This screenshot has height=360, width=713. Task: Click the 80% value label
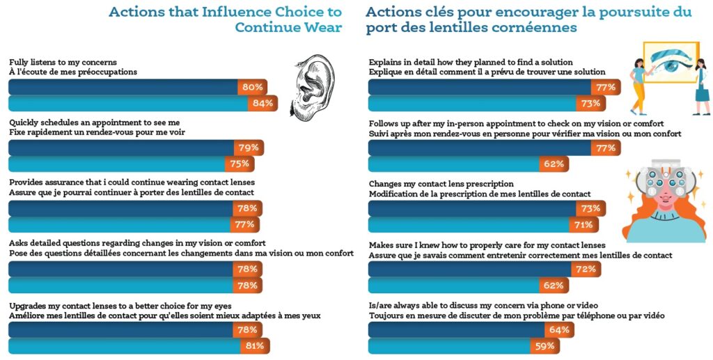(252, 87)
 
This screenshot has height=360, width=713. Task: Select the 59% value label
(544, 345)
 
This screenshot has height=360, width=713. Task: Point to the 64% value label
(560, 329)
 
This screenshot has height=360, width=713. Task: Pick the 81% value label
(256, 345)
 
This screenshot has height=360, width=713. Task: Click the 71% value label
(583, 224)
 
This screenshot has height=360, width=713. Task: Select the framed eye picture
(671, 63)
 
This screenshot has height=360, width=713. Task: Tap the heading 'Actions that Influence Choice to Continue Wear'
(226, 19)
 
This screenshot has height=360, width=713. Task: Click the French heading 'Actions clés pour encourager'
(528, 19)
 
